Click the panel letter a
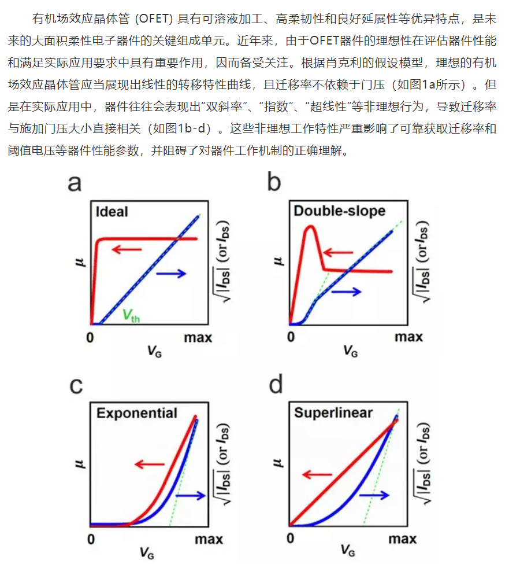pos(75,183)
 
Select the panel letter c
pos(76,386)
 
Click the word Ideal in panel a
pos(112,212)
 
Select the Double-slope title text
pos(339,211)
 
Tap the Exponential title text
pos(137,413)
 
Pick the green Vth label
pos(131,315)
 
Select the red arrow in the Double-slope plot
pos(338,252)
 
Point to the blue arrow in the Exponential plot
pos(191,495)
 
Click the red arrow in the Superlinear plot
pos(317,475)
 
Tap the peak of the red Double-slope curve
pos(311,226)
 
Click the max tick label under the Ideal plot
pos(198,337)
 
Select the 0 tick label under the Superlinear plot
pos(291,539)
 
